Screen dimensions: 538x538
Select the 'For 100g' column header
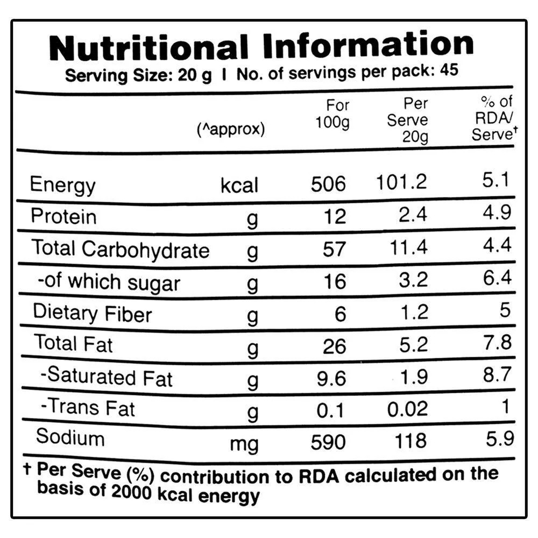click(333, 114)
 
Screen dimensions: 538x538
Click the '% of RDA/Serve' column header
click(492, 118)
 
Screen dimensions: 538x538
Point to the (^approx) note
click(231, 130)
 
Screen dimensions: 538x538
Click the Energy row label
click(62, 185)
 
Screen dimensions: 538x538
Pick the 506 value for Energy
click(329, 185)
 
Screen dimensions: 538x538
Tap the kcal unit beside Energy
click(239, 186)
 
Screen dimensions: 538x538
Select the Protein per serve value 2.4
click(410, 215)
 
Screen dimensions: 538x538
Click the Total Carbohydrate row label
click(120, 249)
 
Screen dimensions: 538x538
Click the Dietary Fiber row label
click(93, 313)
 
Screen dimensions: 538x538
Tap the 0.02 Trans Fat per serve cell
click(408, 409)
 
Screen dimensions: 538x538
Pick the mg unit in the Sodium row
click(244, 444)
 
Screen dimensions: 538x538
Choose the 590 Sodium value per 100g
click(329, 442)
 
